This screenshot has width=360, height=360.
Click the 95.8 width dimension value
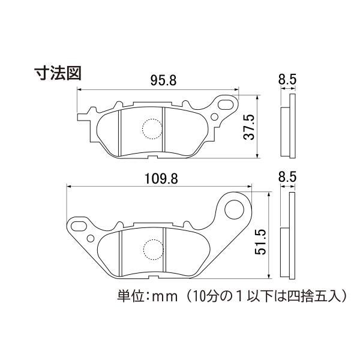158,81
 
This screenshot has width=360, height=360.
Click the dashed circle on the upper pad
151,129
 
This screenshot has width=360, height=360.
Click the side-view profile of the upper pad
288,127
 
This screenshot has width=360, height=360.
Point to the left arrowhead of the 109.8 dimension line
70,187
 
